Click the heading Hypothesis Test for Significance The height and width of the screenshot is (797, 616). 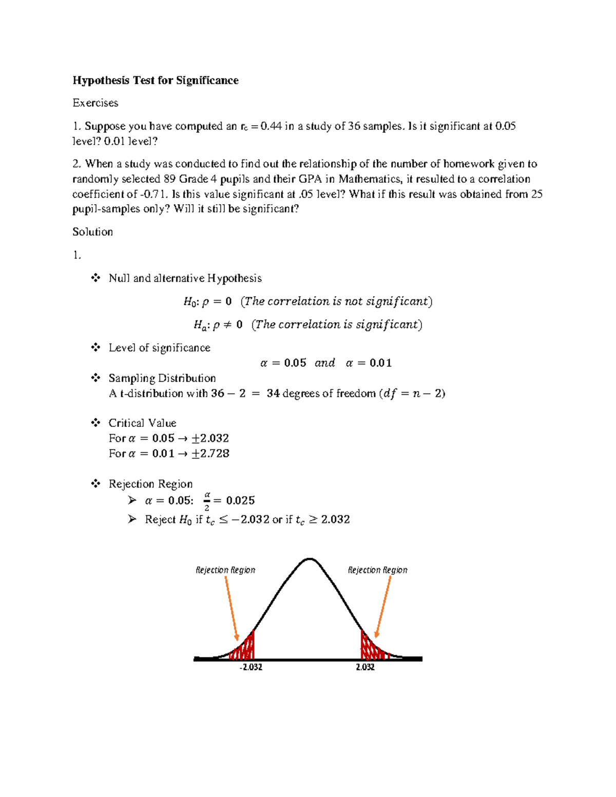155,81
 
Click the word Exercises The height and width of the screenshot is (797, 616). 95,103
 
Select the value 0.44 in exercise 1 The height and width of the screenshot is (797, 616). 271,126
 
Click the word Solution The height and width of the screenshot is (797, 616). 92,232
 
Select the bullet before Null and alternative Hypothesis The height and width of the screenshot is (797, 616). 95,278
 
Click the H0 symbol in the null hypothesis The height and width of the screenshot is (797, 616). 190,302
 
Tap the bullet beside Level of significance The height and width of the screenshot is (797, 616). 95,348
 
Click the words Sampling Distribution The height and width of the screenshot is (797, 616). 162,378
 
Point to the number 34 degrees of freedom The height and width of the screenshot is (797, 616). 273,394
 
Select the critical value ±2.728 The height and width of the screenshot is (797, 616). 210,454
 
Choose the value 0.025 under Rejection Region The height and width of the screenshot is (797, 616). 240,501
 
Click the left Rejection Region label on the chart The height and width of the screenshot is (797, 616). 225,570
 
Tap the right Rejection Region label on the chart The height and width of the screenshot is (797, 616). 377,570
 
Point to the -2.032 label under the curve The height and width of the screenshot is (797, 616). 251,667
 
